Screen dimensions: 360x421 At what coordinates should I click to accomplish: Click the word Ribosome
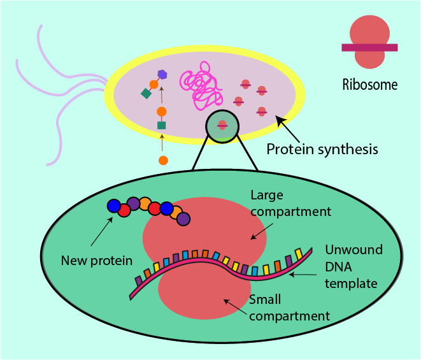coord(369,84)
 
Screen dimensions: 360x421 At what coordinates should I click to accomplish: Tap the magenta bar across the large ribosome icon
coord(369,47)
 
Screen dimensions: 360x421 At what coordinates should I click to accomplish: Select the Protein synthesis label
coord(322,150)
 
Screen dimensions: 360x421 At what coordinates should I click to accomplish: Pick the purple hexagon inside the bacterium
coord(162,75)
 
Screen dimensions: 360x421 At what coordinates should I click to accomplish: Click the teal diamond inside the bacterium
coord(146,94)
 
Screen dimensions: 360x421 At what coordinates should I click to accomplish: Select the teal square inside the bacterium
coord(162,125)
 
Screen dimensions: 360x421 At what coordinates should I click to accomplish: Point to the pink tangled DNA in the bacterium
coord(201,84)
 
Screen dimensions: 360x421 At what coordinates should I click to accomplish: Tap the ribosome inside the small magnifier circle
coord(222,125)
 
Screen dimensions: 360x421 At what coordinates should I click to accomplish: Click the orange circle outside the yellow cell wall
coord(163,161)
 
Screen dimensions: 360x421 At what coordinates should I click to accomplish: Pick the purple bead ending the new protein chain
coord(183,219)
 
